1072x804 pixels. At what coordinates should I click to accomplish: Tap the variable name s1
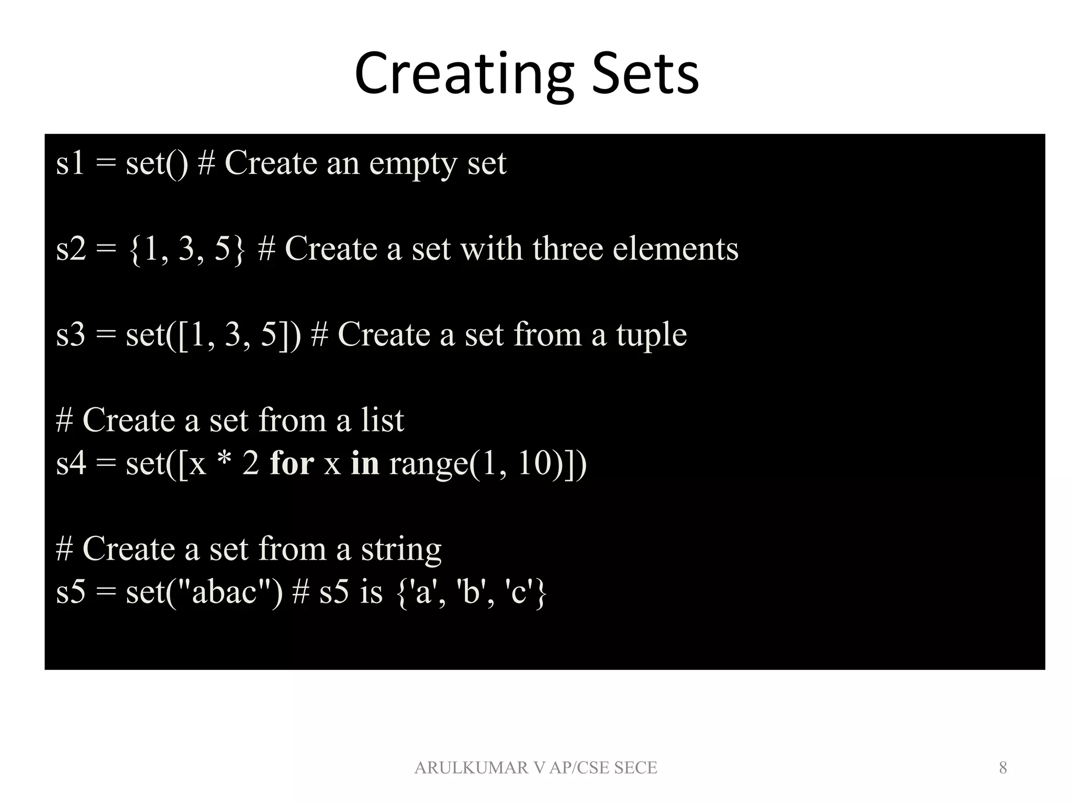pos(70,163)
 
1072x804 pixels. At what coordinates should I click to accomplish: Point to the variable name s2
pos(71,249)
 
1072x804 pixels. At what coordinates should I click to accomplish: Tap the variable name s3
pos(71,335)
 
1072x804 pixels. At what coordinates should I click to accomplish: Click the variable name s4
pos(71,464)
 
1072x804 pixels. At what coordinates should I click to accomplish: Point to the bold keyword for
pos(292,464)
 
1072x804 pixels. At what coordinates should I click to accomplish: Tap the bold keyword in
pos(365,464)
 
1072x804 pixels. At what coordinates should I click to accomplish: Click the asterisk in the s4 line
pos(224,463)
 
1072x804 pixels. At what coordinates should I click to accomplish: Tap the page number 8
pos(1003,768)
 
